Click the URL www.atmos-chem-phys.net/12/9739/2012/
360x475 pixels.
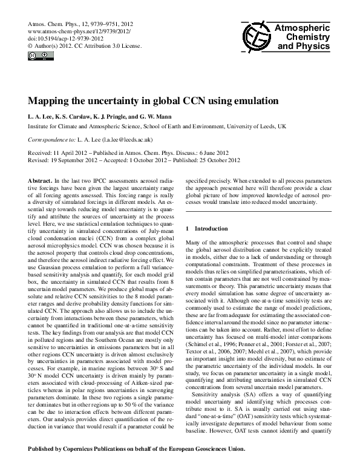(75, 30)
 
